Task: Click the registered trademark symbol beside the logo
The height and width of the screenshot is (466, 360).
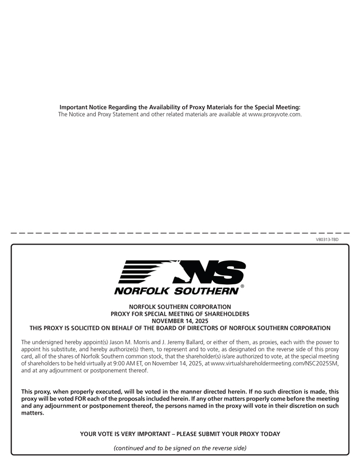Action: tap(242, 286)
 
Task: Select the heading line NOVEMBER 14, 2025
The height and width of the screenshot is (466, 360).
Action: tap(180, 321)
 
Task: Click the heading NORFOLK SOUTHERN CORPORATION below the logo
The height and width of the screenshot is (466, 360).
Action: tap(180, 307)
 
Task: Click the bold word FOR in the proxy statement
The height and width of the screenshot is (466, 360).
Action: tap(75, 398)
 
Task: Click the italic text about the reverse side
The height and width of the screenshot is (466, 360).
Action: tap(180, 448)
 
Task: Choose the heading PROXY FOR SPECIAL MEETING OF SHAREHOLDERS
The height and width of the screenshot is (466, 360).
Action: tap(180, 314)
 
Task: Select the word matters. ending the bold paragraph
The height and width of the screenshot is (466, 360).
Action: tap(33, 413)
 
